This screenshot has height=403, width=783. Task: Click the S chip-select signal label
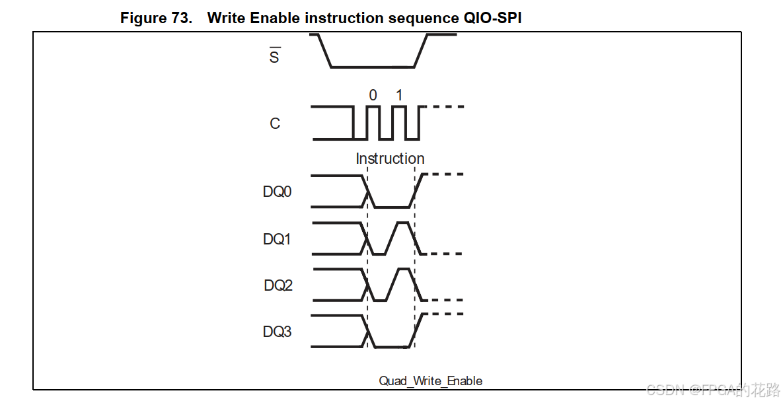tap(274, 57)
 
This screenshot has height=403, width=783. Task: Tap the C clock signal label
tap(275, 124)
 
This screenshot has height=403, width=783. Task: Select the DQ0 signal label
tap(278, 192)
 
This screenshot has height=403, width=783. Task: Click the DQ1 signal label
tap(278, 239)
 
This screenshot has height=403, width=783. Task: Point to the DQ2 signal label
tap(278, 285)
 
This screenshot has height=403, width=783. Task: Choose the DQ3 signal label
tap(278, 332)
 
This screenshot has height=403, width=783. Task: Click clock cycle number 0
tap(373, 95)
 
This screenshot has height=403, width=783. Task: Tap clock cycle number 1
tap(398, 95)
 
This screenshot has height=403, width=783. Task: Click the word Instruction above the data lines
tap(390, 159)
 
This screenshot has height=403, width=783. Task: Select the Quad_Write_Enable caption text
tap(430, 381)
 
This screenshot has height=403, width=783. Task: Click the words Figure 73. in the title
tap(156, 18)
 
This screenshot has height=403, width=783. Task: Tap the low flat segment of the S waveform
tap(372, 67)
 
